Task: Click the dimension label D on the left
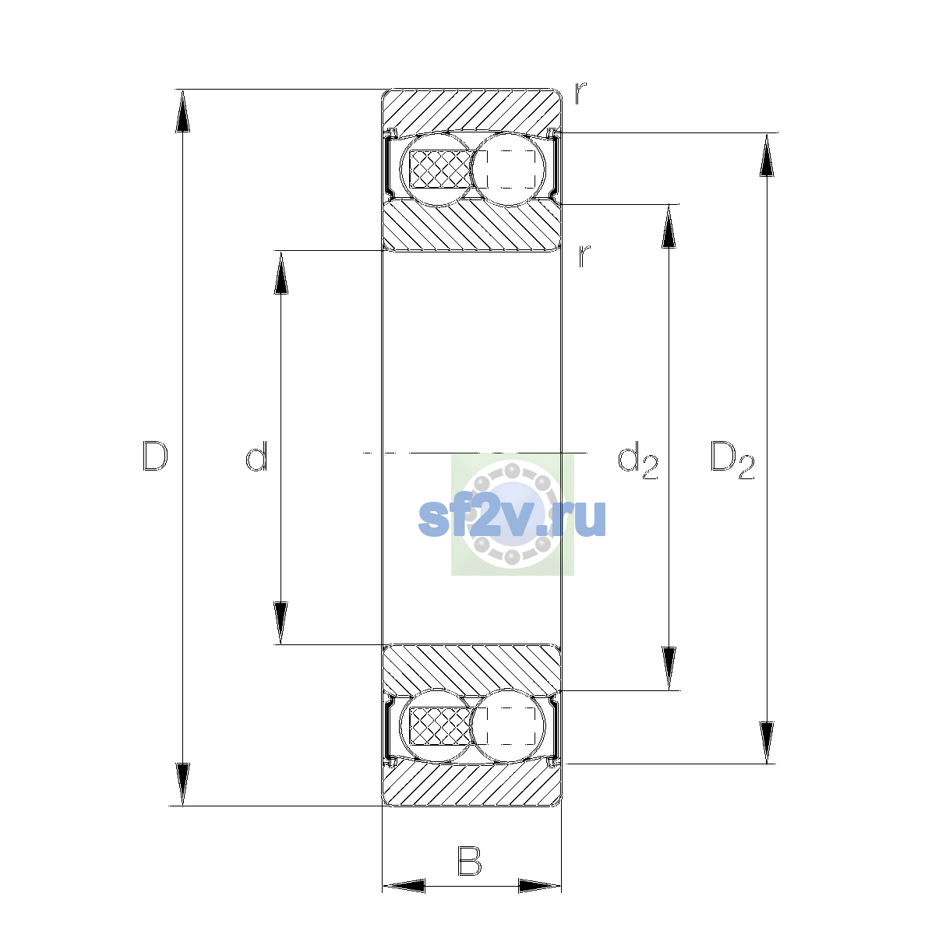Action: [155, 456]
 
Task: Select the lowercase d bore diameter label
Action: [256, 456]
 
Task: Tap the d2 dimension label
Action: [637, 460]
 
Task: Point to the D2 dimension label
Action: [732, 460]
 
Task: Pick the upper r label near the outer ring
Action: [580, 93]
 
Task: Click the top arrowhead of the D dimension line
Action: [182, 111]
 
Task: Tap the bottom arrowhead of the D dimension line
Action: [182, 785]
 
